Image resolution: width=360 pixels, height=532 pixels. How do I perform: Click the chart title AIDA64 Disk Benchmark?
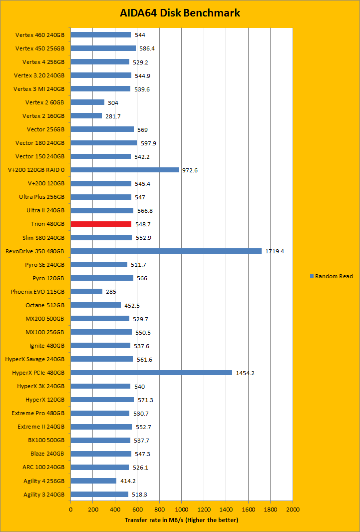[180, 13]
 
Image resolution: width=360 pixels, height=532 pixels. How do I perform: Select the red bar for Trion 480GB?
[101, 224]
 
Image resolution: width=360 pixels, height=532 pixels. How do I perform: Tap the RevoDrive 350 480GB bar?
[166, 251]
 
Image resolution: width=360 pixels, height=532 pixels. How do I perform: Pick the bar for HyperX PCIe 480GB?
[151, 372]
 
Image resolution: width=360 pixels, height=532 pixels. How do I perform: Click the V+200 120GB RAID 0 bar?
[124, 170]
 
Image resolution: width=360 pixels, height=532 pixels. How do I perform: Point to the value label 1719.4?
[275, 251]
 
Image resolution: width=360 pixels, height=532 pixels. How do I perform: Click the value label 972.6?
[190, 170]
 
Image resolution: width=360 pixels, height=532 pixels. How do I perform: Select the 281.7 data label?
[113, 116]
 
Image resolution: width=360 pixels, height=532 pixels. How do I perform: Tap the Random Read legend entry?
[332, 276]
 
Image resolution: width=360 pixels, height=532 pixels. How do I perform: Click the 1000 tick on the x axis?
[181, 510]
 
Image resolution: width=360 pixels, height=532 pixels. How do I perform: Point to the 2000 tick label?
[293, 510]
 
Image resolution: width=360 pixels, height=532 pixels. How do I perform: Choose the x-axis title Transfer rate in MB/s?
[181, 520]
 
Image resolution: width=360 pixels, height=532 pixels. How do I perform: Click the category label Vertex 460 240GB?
[40, 35]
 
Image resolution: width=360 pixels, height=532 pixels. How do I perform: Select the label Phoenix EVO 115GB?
[38, 291]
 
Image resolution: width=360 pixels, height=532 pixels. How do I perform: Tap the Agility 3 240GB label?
[44, 495]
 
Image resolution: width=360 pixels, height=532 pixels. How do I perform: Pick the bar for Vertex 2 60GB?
[87, 102]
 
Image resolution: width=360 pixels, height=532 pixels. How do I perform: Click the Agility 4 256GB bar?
[93, 481]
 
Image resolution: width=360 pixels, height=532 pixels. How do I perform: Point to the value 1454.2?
[245, 373]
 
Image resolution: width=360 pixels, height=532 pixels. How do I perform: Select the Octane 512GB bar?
[95, 305]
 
